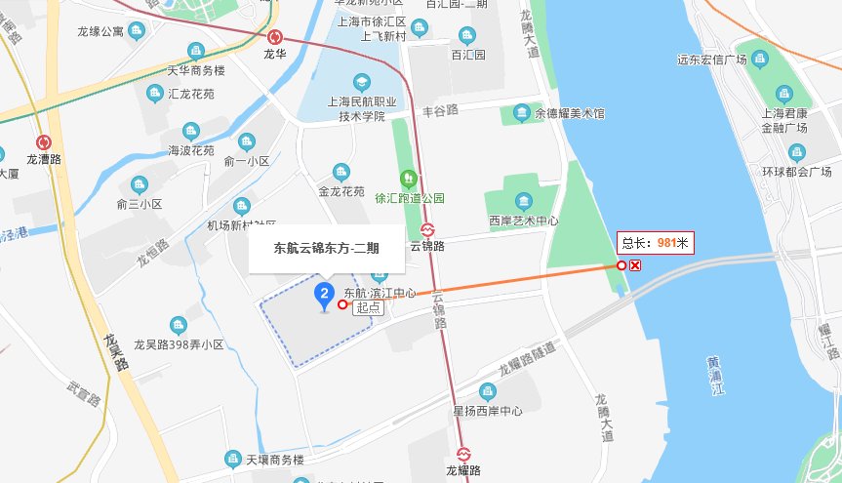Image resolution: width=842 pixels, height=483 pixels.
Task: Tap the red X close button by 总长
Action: tap(635, 265)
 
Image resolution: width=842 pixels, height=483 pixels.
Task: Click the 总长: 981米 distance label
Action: tap(654, 243)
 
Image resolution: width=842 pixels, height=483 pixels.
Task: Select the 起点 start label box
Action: tap(367, 307)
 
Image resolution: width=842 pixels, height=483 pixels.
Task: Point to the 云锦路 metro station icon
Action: tap(427, 230)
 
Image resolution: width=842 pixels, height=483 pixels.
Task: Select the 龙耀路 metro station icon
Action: tap(463, 454)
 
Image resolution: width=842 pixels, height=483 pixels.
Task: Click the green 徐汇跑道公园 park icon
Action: tap(409, 179)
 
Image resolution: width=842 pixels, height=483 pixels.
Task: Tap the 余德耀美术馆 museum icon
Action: tap(523, 113)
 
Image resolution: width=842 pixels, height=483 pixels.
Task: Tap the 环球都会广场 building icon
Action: tap(797, 152)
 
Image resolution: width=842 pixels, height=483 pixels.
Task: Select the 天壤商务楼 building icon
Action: tap(233, 459)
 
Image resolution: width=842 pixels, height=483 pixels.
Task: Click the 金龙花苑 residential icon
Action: tap(341, 172)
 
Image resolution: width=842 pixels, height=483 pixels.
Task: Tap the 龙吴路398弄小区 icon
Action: tap(179, 325)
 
